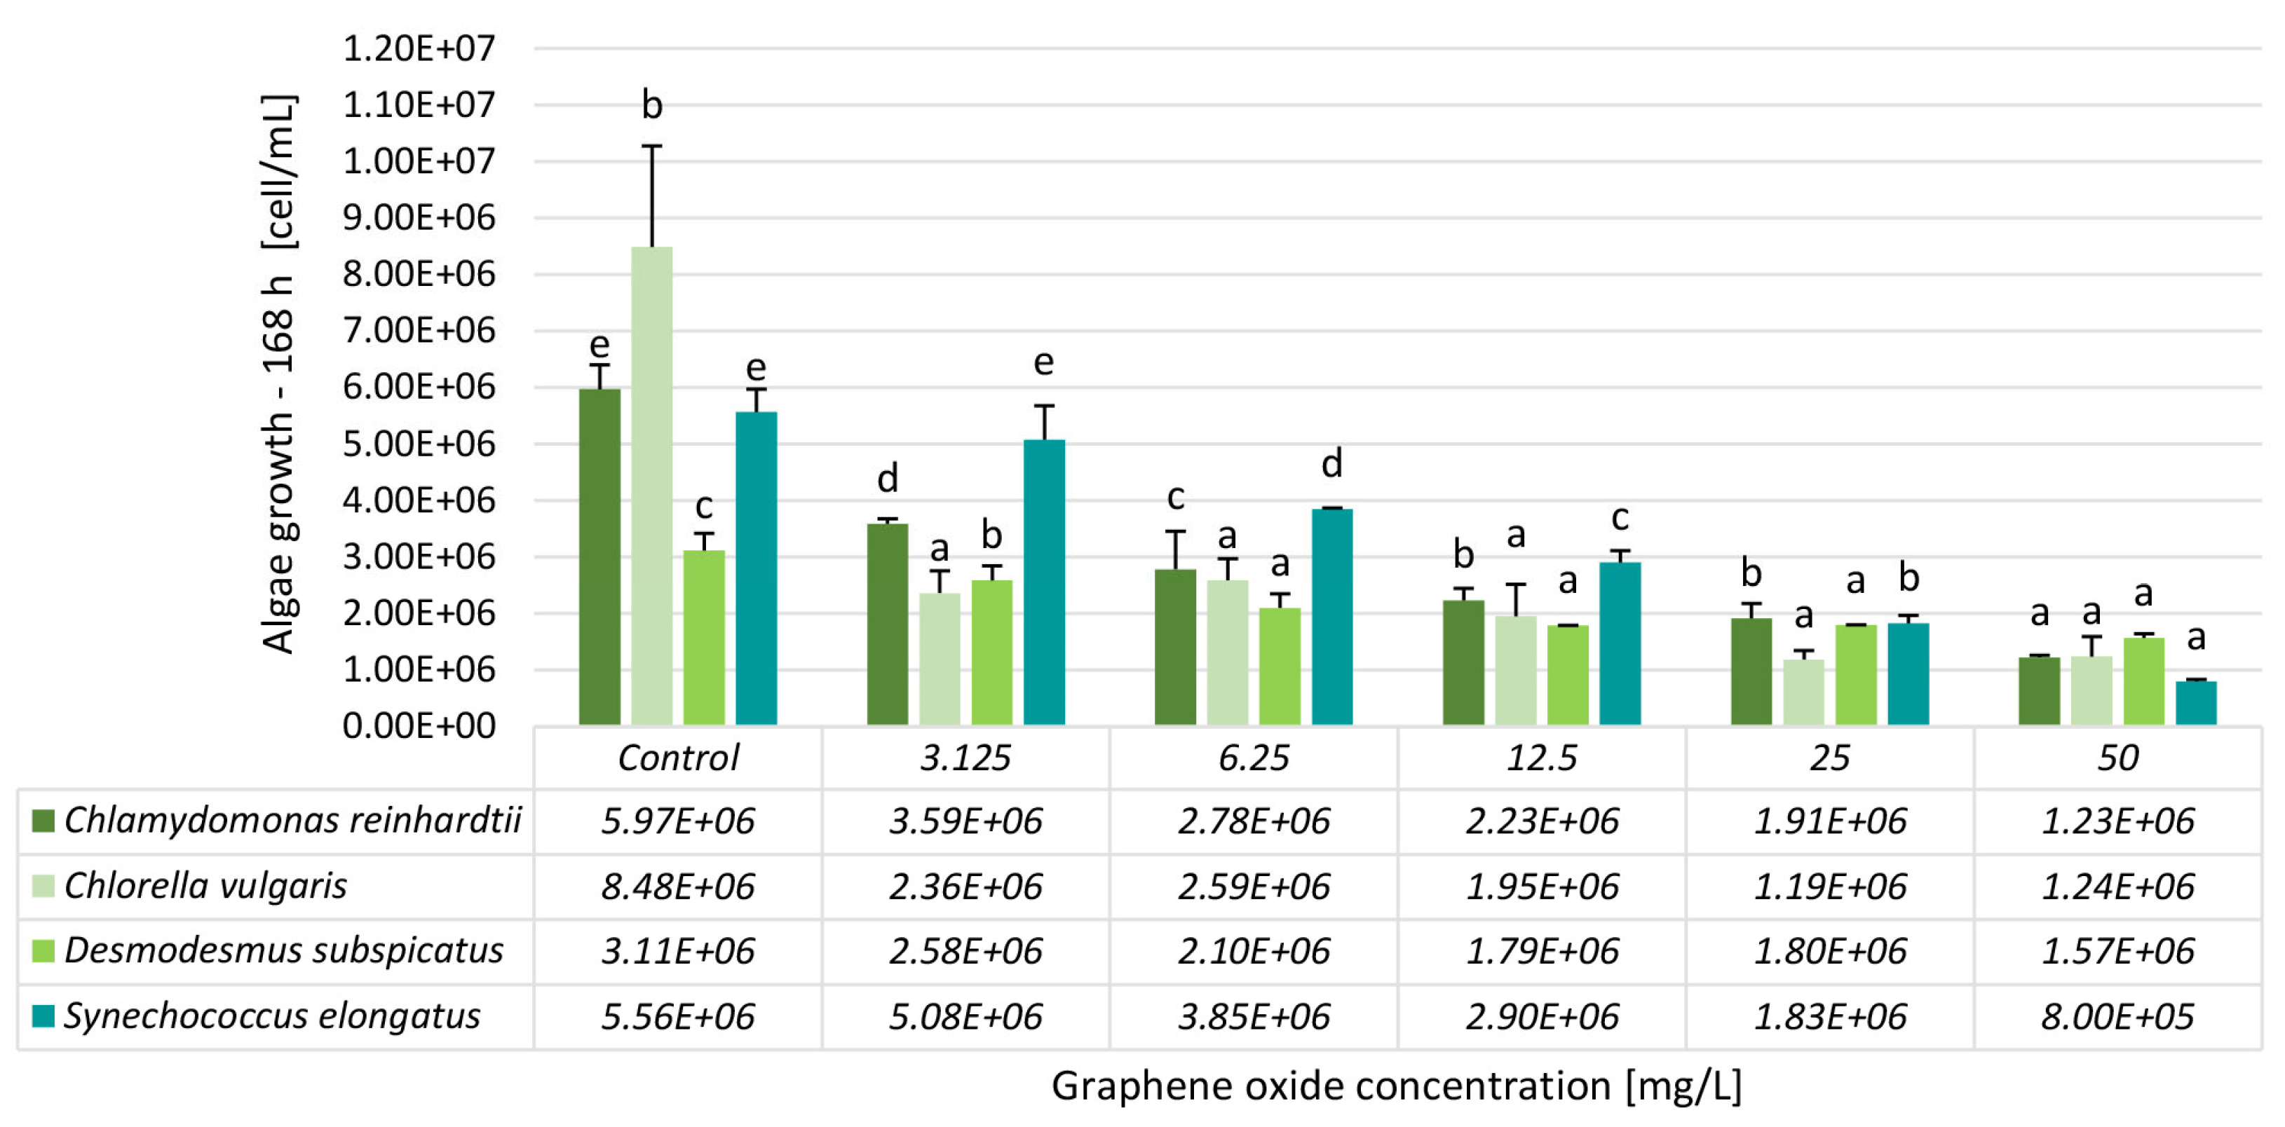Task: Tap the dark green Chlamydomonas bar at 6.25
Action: click(1174, 648)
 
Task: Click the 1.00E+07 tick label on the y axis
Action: click(419, 161)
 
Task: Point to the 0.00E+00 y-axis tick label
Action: click(419, 726)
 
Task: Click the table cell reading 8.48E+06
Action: click(678, 886)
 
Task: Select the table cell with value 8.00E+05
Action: click(2117, 1016)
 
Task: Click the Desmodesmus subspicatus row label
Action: click(284, 950)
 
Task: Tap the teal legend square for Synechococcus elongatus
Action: click(43, 1016)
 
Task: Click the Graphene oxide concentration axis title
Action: click(1396, 1086)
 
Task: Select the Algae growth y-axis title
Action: click(278, 372)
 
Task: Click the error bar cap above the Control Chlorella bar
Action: click(652, 146)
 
